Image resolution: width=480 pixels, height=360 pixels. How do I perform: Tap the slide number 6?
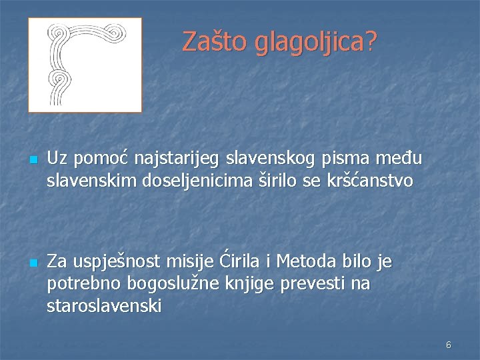[449, 345]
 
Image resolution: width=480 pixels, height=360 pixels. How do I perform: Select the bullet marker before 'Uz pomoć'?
[33, 161]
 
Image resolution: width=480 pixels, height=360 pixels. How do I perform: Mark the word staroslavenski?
[104, 306]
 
